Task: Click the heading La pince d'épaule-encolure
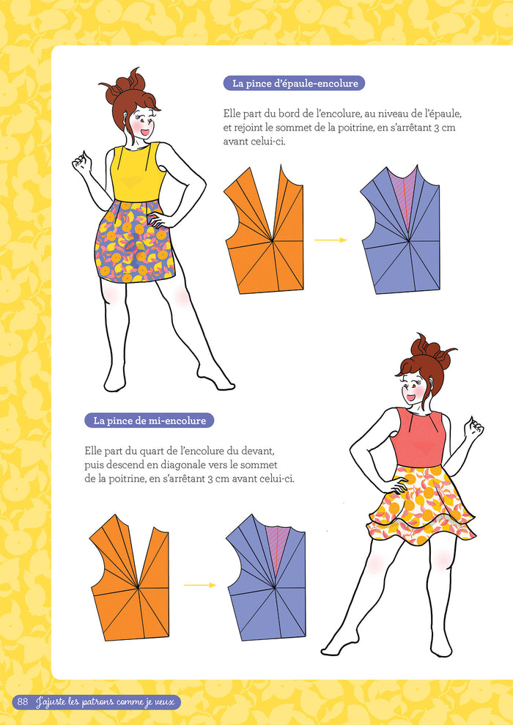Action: pyautogui.click(x=295, y=84)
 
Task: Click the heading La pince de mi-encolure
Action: pyautogui.click(x=150, y=421)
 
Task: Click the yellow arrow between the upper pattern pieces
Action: pyautogui.click(x=331, y=240)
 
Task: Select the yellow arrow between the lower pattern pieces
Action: pyautogui.click(x=200, y=585)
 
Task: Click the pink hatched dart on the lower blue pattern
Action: pyautogui.click(x=278, y=545)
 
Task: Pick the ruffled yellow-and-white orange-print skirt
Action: pyautogui.click(x=421, y=504)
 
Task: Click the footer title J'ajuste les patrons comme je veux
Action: pyautogui.click(x=106, y=702)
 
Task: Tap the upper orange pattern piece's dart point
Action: pyautogui.click(x=272, y=240)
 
